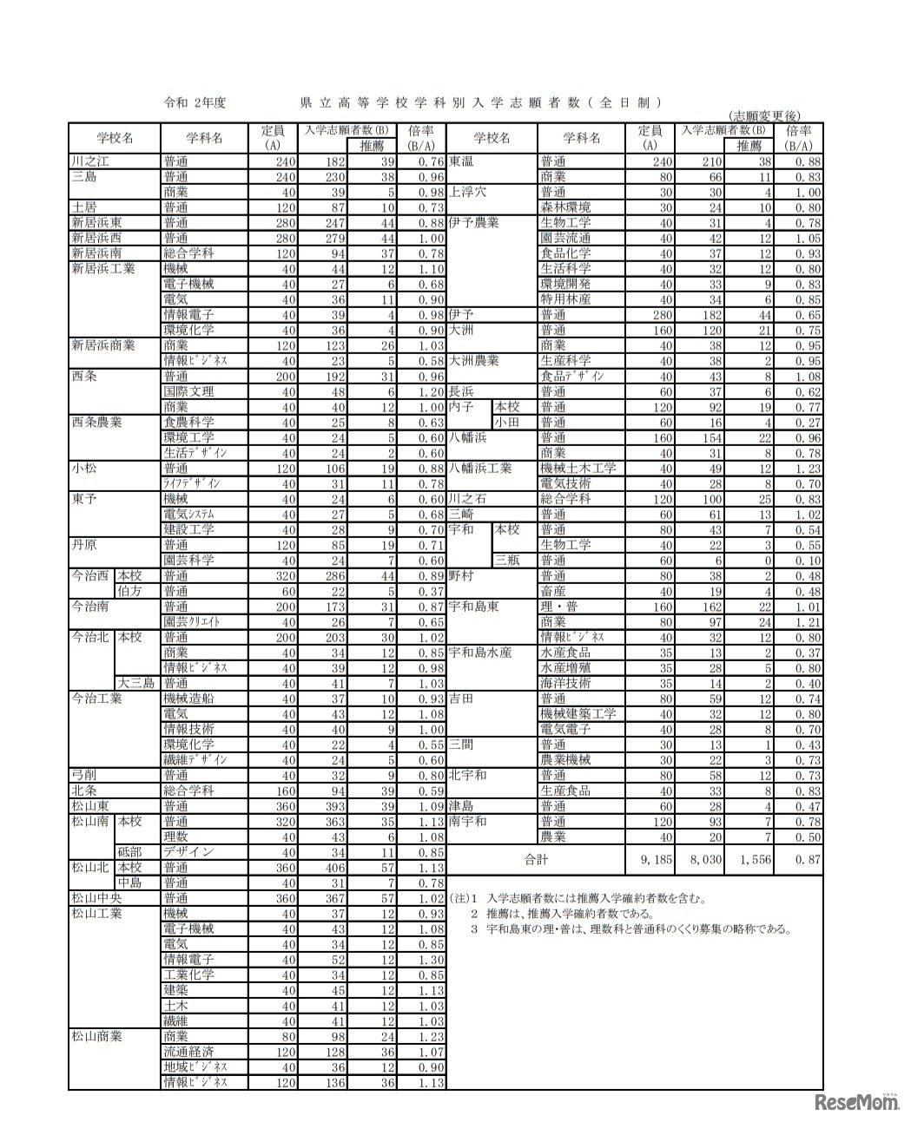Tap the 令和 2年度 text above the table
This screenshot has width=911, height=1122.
coord(195,102)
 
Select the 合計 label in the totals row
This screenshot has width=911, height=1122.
coord(537,860)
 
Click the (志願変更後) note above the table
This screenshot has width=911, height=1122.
coord(765,116)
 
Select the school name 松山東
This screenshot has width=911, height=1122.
coord(90,806)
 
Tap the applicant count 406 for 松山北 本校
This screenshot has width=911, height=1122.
coord(333,867)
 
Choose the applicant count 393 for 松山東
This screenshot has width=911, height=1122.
coord(333,806)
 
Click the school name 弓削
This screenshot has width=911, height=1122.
coord(84,775)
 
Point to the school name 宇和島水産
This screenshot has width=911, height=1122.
coord(480,653)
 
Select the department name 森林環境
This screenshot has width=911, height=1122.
coord(565,207)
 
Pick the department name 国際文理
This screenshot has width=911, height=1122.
coord(188,391)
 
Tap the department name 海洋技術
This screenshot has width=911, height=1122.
coord(565,683)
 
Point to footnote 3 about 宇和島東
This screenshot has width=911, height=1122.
coord(631,928)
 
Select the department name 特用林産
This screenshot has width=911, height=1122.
coord(565,299)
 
